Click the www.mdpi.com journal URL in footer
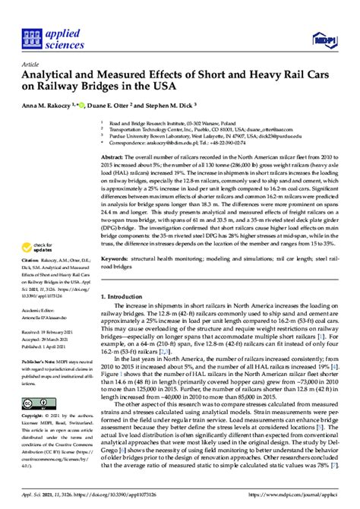click(x=295, y=496)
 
